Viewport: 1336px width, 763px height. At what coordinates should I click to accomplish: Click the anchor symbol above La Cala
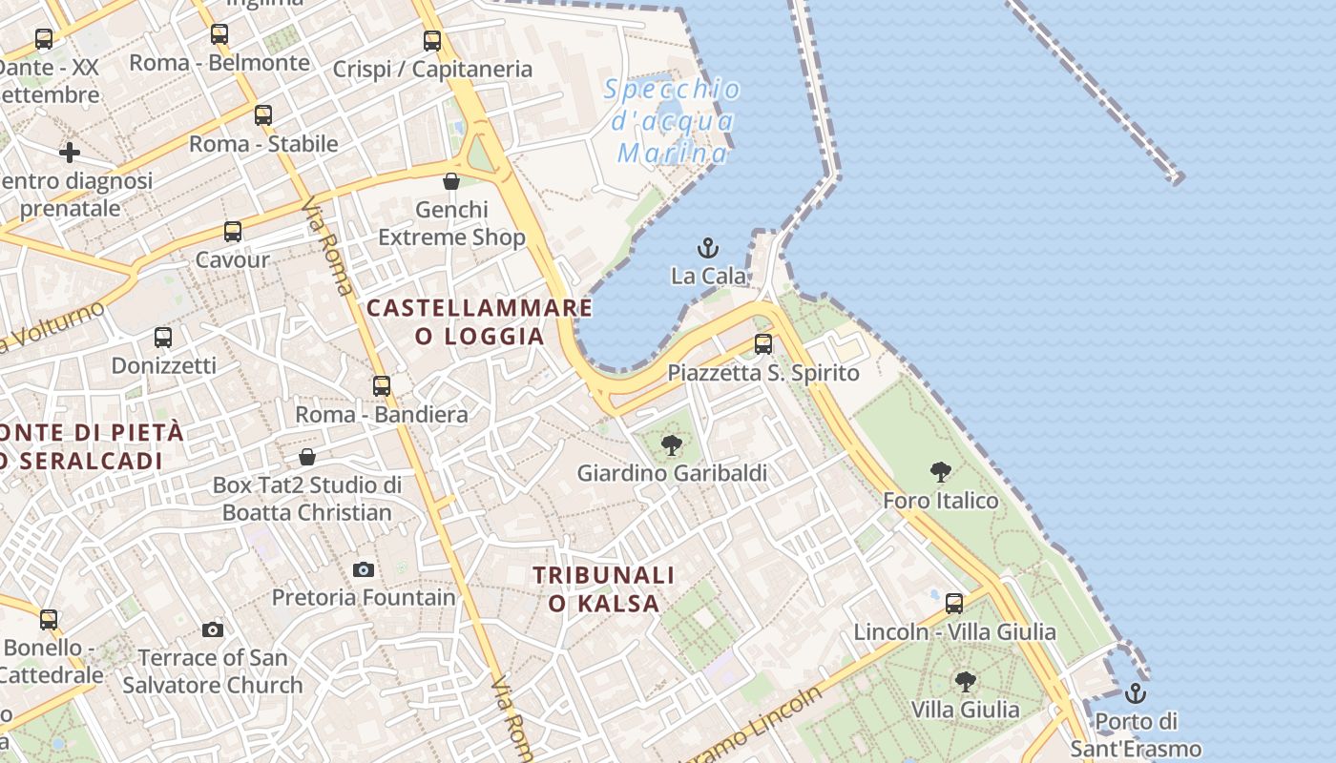(707, 249)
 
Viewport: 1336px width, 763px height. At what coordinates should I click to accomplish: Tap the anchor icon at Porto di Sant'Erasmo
(1136, 693)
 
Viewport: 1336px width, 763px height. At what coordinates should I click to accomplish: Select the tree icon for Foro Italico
(941, 471)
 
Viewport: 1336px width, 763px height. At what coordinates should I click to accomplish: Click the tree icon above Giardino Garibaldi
(672, 444)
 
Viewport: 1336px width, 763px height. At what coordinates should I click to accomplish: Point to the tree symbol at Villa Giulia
(965, 682)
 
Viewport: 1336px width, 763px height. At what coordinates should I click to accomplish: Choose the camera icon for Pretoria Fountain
(364, 569)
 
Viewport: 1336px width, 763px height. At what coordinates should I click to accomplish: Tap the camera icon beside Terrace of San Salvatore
(213, 629)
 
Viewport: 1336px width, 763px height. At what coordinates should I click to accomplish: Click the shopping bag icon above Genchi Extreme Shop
(451, 181)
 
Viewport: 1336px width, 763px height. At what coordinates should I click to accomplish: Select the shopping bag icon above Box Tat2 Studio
(307, 457)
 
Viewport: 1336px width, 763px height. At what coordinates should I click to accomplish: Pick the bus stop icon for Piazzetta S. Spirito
(763, 344)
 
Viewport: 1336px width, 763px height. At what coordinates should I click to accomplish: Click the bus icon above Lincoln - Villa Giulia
(954, 603)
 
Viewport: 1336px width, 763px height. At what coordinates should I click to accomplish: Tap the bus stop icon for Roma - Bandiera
(382, 386)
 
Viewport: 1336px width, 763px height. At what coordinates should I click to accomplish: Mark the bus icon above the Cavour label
(233, 231)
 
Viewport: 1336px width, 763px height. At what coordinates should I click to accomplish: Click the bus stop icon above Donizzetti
(163, 338)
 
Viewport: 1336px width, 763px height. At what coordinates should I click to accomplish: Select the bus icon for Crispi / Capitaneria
(432, 41)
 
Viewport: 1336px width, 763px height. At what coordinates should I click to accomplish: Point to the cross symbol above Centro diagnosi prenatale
(69, 153)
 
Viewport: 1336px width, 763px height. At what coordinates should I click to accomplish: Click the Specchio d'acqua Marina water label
(673, 121)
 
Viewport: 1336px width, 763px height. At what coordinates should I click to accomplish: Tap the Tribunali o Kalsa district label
(603, 588)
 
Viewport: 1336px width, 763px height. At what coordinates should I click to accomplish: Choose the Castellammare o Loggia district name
(479, 321)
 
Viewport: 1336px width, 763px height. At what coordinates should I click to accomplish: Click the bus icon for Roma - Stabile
(263, 115)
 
